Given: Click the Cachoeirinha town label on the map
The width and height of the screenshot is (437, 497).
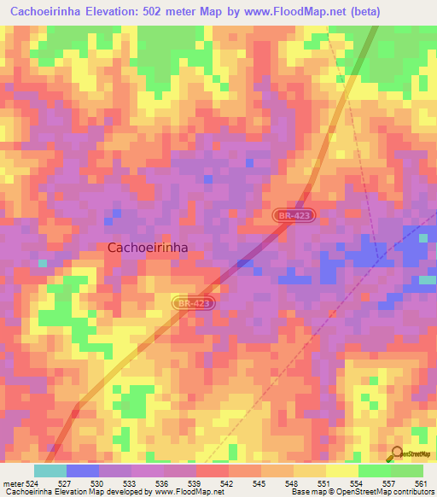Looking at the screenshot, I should [x=148, y=247].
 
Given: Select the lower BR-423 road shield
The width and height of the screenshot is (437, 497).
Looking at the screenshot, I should [x=193, y=303].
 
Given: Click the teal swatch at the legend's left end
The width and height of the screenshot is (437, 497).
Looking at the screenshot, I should [x=50, y=471].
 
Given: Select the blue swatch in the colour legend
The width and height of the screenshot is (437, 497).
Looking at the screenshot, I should [x=82, y=471].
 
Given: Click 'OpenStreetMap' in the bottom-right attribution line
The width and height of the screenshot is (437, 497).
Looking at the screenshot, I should [x=369, y=492].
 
